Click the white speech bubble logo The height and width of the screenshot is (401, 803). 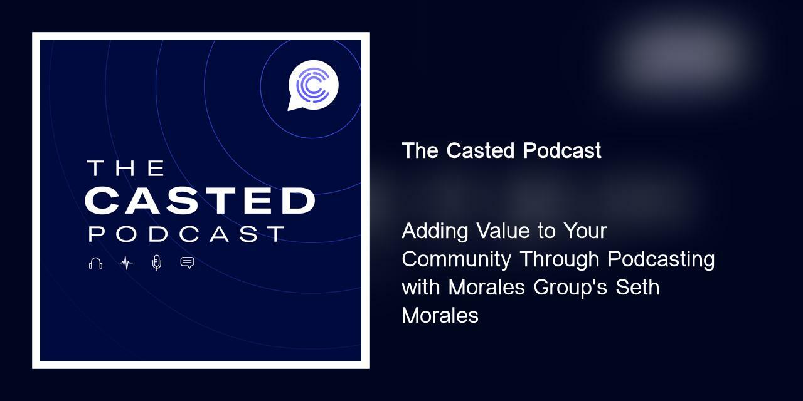[x=312, y=85]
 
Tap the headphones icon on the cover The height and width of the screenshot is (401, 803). [x=95, y=263]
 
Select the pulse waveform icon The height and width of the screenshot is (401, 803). [x=126, y=263]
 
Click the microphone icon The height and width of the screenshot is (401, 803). [x=157, y=263]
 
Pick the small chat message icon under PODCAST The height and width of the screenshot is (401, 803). [x=187, y=263]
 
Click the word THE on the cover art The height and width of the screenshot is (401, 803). [x=125, y=168]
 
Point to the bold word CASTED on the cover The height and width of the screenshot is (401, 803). [x=199, y=200]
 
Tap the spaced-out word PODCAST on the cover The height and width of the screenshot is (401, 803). [x=186, y=234]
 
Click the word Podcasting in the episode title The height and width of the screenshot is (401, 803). [x=661, y=259]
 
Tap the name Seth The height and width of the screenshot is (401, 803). [x=637, y=287]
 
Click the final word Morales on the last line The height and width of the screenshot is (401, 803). [x=440, y=315]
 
